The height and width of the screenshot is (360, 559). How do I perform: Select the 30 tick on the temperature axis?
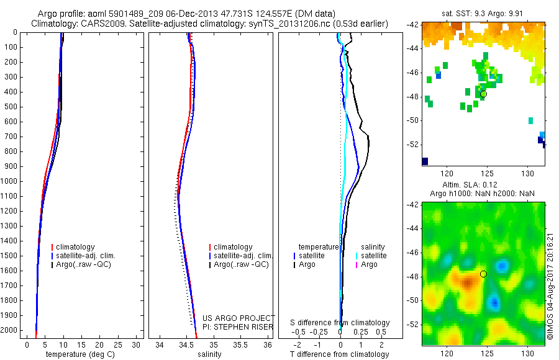(137, 344)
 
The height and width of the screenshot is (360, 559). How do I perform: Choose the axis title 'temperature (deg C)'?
(82, 354)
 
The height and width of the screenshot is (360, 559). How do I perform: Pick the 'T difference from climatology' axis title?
(340, 354)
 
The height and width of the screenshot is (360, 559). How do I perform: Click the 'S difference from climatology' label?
(340, 323)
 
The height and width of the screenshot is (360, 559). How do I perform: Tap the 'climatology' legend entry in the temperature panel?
(79, 247)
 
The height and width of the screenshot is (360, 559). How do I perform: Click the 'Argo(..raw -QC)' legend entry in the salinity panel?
(240, 264)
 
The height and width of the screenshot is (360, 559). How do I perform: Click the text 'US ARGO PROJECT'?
(239, 318)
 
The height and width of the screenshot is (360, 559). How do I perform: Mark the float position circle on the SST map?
(483, 94)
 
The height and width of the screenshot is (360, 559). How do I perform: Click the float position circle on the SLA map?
(483, 274)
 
